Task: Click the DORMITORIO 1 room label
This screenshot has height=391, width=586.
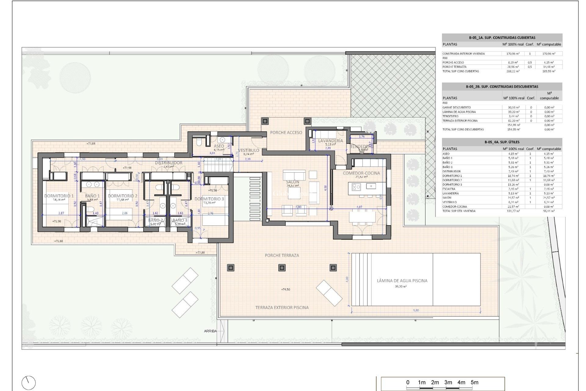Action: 59,196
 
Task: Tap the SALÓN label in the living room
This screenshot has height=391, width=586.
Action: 292,182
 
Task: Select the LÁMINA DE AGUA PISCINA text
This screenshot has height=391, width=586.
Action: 402,280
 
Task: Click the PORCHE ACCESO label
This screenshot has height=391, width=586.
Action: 286,133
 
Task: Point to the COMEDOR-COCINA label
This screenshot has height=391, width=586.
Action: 361,173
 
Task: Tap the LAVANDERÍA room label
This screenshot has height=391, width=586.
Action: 331,141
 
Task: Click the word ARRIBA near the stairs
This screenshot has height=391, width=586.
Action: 210,331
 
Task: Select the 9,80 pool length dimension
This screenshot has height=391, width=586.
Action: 416,310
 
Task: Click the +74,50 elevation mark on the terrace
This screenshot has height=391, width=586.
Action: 285,289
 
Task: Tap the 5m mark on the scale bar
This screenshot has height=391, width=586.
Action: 474,382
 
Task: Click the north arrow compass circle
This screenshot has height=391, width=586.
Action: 29,383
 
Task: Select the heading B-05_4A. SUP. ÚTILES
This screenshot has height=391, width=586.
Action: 502,142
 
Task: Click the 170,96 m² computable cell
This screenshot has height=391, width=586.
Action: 549,54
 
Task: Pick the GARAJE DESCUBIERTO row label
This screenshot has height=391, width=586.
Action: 457,108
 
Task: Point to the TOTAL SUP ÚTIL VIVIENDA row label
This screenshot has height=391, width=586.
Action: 459,211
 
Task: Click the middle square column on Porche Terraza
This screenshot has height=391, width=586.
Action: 282,268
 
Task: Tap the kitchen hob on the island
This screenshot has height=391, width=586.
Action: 356,186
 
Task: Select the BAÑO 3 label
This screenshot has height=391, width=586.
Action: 180,220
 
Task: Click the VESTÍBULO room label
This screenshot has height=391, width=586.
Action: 248,150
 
